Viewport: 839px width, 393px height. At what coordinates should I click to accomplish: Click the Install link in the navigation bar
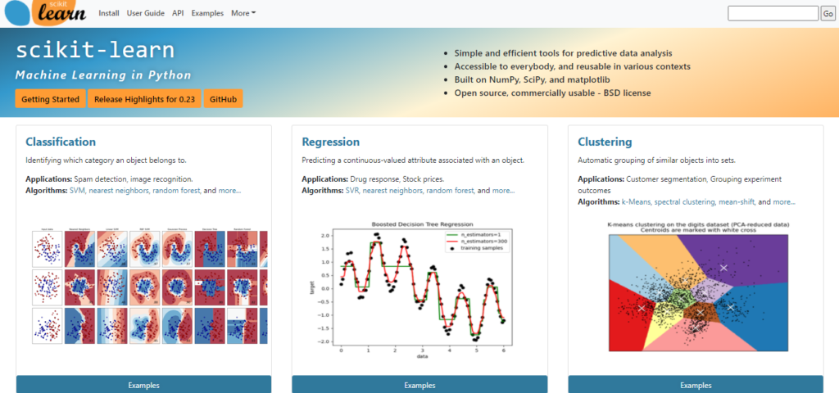click(x=110, y=13)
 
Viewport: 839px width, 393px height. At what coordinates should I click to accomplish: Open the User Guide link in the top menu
click(x=146, y=13)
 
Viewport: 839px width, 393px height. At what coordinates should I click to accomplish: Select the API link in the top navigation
click(x=178, y=13)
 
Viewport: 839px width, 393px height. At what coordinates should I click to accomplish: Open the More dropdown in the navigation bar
click(x=243, y=13)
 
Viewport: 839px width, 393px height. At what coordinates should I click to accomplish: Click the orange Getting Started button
click(x=50, y=98)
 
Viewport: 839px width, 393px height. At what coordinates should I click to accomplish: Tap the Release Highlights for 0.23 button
click(x=143, y=98)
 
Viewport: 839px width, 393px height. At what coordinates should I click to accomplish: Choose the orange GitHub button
click(x=223, y=98)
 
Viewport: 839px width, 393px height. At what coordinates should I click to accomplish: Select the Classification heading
click(x=61, y=142)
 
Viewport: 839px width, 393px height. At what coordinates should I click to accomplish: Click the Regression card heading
click(x=330, y=142)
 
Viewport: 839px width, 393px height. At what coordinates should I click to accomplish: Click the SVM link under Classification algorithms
click(x=78, y=191)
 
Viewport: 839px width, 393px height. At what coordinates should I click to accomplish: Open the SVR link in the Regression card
click(x=352, y=191)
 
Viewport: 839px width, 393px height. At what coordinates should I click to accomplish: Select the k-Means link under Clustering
click(x=637, y=201)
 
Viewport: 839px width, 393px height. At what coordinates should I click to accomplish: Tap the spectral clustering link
click(x=683, y=201)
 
